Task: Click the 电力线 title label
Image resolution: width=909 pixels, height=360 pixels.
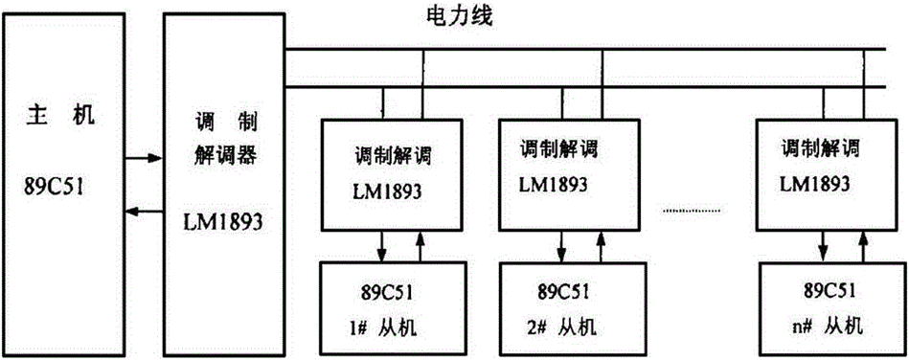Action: coord(457,16)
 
